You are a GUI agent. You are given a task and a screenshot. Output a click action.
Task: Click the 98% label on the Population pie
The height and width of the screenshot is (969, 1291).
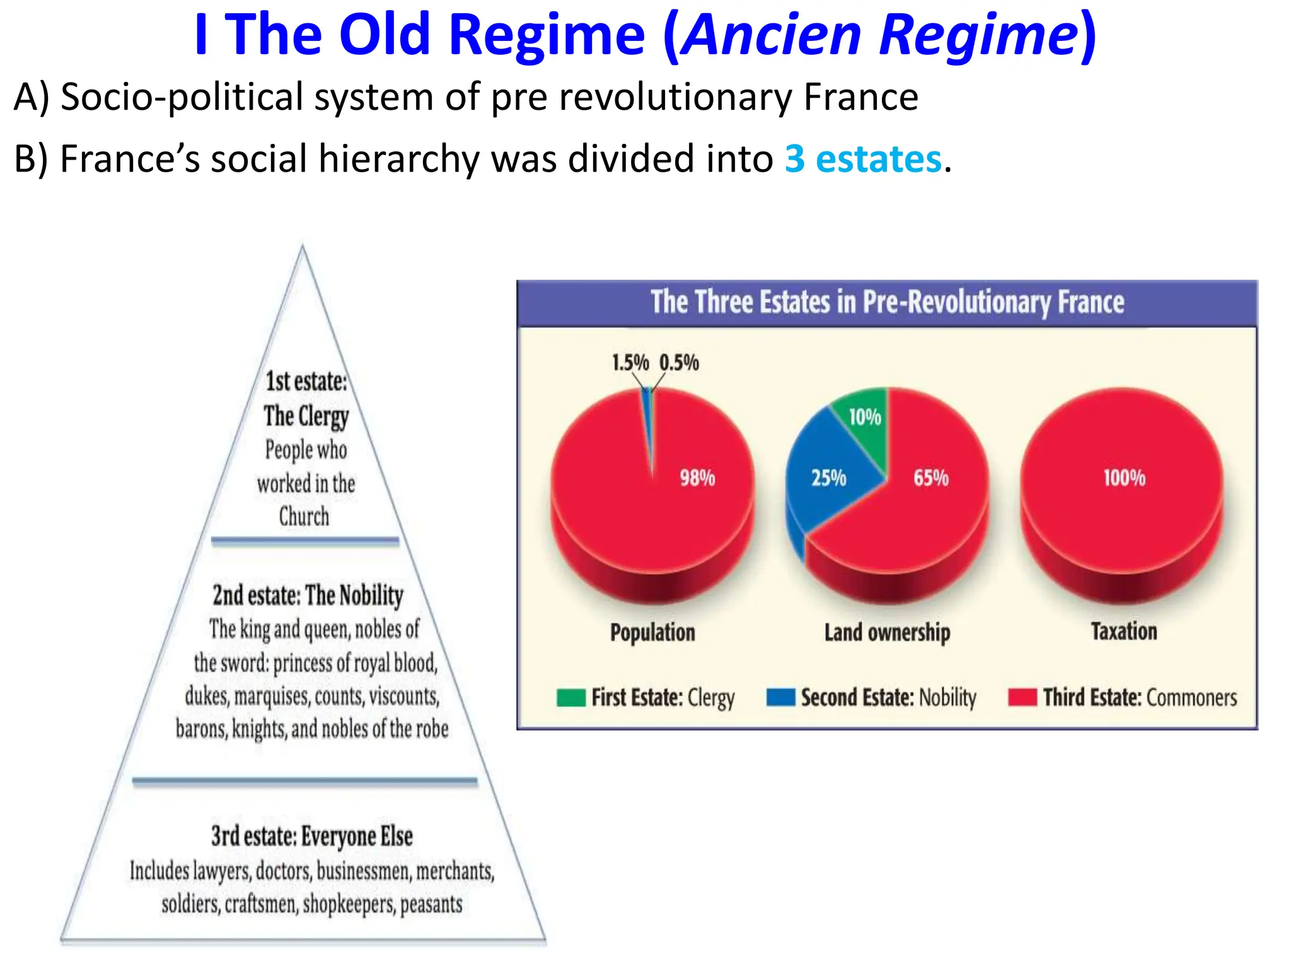pos(697,478)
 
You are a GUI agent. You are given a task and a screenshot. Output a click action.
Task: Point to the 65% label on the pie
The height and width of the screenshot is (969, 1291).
pos(931,478)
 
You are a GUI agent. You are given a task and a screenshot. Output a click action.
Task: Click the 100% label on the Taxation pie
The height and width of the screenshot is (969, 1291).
pos(1124,478)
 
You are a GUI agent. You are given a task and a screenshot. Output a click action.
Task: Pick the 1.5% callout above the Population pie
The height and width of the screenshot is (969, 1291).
pos(630,363)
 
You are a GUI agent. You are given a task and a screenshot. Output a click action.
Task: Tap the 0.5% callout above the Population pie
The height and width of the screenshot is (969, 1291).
pos(679,363)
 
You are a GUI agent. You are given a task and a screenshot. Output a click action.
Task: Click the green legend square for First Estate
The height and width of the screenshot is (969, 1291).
pos(571,698)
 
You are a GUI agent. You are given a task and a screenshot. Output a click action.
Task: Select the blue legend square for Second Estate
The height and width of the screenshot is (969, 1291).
pos(780,698)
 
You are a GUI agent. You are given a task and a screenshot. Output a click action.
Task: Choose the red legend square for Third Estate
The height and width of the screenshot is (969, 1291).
pos(1022,698)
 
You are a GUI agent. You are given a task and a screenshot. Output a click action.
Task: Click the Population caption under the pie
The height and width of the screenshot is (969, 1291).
pos(652,632)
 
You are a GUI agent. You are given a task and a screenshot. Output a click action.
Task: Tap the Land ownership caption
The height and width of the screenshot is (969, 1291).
pos(887,632)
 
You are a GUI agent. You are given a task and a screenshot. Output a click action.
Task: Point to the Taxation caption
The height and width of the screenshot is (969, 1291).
pos(1124,631)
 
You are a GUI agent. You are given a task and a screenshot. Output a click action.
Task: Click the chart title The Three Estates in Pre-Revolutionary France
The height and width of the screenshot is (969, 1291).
pos(887,302)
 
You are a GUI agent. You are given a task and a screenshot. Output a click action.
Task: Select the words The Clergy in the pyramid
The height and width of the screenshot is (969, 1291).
pos(306,416)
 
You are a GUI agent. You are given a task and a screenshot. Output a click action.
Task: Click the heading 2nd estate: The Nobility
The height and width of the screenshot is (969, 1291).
pos(308,596)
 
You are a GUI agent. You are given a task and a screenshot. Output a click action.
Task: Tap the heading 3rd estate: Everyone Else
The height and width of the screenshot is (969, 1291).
pos(312,837)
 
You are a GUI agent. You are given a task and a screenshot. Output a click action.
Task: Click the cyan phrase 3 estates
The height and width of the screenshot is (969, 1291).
pos(863,159)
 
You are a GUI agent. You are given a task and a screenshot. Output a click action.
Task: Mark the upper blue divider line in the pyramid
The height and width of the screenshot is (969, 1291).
pos(305,541)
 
